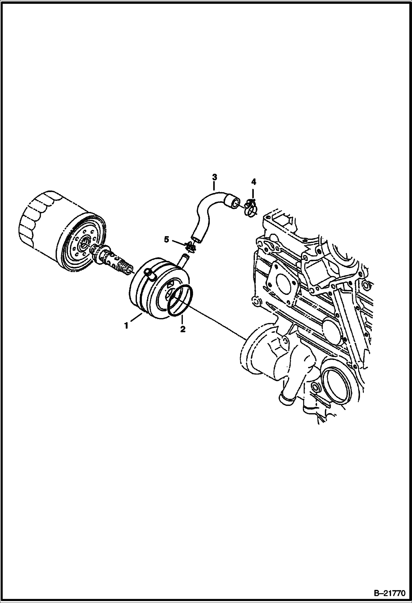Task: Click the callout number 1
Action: (x=126, y=326)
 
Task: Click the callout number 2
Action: (x=183, y=329)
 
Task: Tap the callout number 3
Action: (x=214, y=177)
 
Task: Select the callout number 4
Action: (x=254, y=182)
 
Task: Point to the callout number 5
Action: (x=166, y=240)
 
